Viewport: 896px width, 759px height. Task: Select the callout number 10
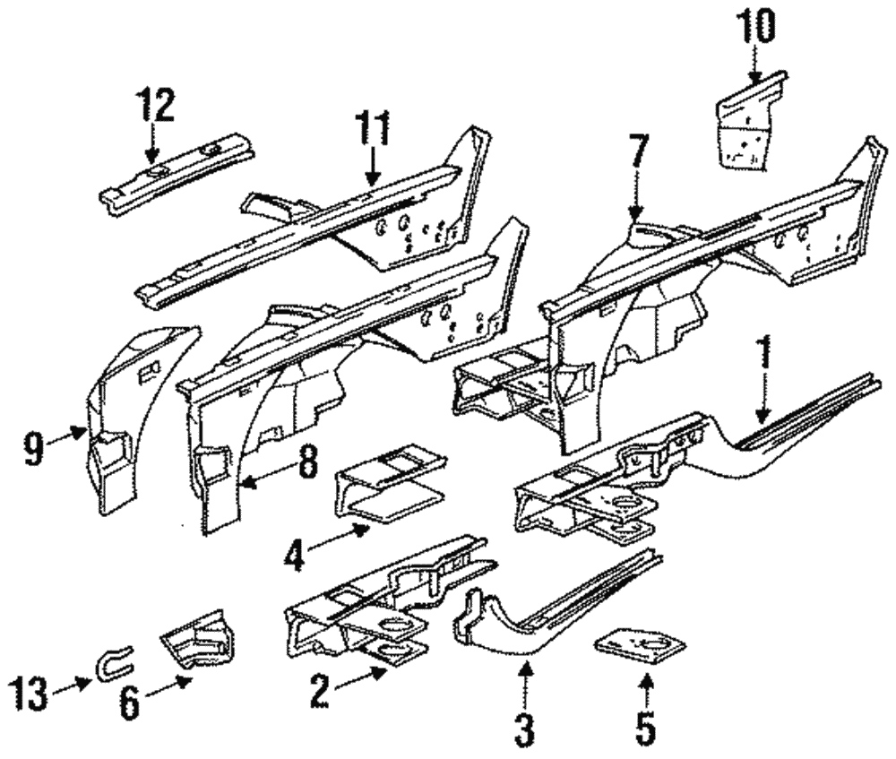point(756,26)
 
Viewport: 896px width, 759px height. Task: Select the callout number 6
point(130,703)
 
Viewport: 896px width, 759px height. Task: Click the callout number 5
point(645,728)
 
